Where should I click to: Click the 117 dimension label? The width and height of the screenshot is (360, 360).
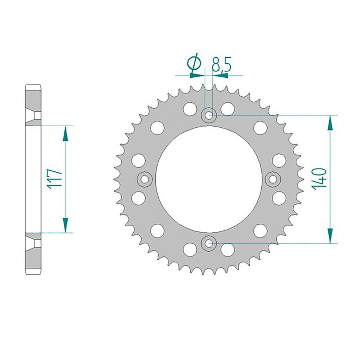click(55, 179)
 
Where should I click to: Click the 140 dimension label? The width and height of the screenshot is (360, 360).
click(319, 179)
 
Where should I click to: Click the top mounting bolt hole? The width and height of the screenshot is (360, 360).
click(209, 115)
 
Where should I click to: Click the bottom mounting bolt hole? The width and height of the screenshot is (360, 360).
click(209, 243)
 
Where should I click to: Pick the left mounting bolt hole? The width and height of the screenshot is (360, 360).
click(144, 179)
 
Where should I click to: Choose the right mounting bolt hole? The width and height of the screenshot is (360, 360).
click(273, 179)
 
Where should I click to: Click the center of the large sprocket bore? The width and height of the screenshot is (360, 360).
click(209, 179)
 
